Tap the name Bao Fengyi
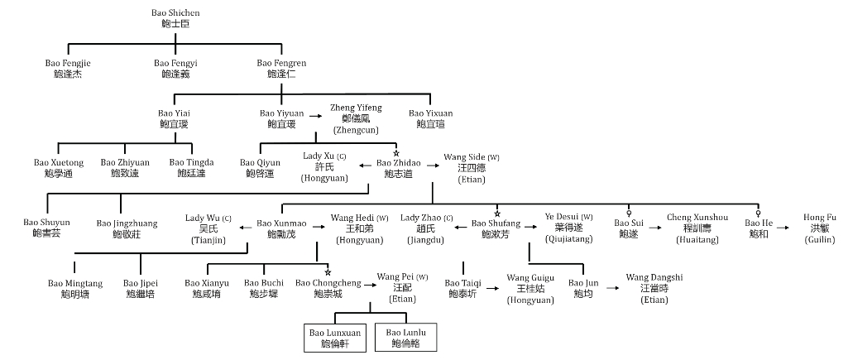point(176,69)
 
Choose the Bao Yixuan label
point(430,118)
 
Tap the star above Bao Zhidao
point(396,153)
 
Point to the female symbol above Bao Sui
point(629,212)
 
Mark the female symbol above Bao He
point(759,212)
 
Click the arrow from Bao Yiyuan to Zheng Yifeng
point(317,113)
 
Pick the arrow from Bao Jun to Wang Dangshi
point(612,288)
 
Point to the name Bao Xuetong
point(59,168)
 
